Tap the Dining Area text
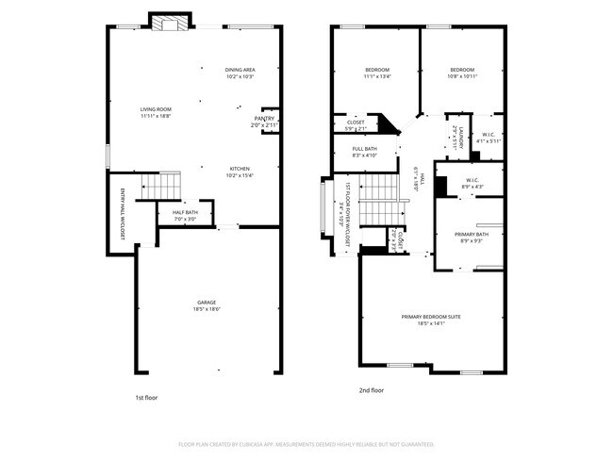coord(240,73)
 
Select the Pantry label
coord(264,121)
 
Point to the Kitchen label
coord(240,172)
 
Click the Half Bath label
coord(185,215)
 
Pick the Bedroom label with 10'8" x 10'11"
coord(461,73)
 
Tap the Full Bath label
coord(365,152)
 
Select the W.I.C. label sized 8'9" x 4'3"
coord(472,183)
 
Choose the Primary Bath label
coord(472,237)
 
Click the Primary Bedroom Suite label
coord(430,320)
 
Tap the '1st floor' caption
coord(146,398)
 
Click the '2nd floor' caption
coord(372,390)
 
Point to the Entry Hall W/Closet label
coord(122,213)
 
